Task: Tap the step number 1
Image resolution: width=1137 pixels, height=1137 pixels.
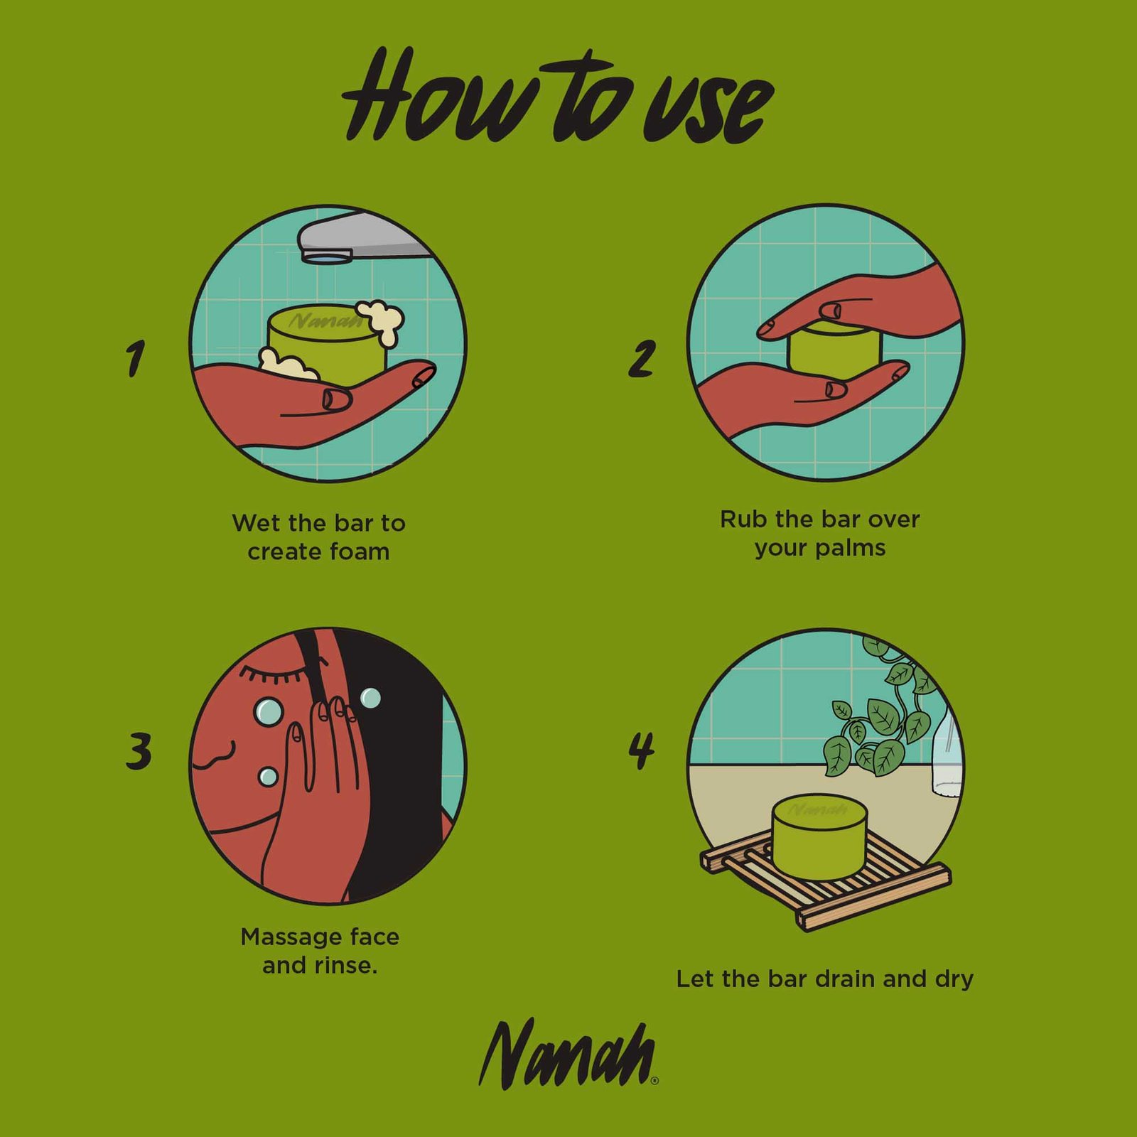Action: tap(135, 358)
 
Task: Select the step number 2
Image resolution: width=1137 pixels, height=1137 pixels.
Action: tap(641, 359)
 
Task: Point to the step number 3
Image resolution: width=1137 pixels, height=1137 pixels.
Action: tap(139, 752)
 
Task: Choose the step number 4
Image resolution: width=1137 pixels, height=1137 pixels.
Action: tap(642, 751)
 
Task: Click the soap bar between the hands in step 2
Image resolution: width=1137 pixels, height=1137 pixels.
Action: tap(835, 350)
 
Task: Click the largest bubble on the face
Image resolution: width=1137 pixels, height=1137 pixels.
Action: tap(269, 711)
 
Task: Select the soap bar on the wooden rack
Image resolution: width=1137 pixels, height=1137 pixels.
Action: tap(819, 836)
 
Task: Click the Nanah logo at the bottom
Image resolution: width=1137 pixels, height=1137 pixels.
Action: tap(568, 1055)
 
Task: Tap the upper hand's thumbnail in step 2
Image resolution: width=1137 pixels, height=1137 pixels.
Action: tap(830, 311)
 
